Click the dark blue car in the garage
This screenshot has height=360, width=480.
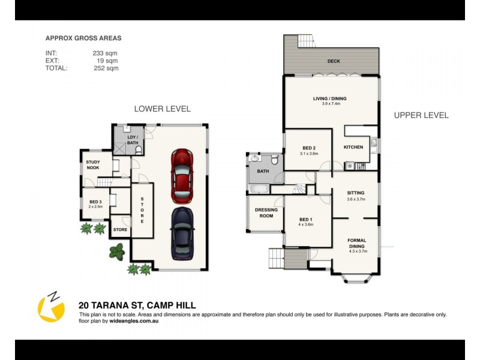(182, 233)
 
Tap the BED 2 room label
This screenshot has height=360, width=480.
(308, 148)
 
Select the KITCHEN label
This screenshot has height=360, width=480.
(353, 147)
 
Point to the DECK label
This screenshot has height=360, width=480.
(334, 61)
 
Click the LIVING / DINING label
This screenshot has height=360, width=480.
(329, 99)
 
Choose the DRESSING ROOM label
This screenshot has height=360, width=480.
(265, 212)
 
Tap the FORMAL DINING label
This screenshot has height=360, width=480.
(356, 244)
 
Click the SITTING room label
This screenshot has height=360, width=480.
(356, 193)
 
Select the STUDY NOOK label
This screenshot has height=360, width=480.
(93, 164)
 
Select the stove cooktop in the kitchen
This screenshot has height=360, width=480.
(361, 166)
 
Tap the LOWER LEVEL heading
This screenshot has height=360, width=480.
(162, 109)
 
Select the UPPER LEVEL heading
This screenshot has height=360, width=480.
(421, 115)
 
